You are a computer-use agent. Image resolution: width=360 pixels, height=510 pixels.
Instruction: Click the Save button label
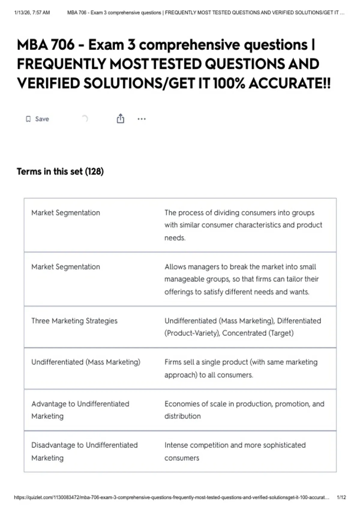click(42, 119)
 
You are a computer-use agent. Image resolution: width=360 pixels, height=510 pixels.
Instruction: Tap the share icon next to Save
click(120, 119)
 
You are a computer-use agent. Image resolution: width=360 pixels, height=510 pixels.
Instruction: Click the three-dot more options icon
click(142, 119)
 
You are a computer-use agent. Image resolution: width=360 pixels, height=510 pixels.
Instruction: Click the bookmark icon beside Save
click(28, 119)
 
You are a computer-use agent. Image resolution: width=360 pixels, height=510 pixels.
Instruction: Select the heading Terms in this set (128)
click(60, 172)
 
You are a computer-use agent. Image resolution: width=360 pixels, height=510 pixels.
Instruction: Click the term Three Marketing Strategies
click(74, 321)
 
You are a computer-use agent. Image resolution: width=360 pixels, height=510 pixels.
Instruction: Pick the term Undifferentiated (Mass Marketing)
click(86, 362)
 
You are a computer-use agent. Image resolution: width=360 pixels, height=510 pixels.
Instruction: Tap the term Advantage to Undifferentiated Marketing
click(80, 410)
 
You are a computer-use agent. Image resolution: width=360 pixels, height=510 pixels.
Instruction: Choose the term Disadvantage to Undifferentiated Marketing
click(84, 451)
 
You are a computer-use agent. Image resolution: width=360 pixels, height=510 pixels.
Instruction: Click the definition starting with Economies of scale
click(244, 410)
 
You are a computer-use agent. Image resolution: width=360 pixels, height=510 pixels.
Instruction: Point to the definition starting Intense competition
click(235, 451)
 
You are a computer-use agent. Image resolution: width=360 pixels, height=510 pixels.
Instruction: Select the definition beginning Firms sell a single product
click(241, 368)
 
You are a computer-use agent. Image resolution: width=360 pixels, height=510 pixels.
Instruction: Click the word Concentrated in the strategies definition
click(244, 333)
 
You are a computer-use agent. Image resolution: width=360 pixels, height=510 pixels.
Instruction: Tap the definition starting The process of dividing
click(243, 225)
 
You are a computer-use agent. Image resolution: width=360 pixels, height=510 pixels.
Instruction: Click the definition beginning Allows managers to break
click(241, 279)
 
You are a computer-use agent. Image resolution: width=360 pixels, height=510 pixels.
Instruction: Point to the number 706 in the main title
click(63, 45)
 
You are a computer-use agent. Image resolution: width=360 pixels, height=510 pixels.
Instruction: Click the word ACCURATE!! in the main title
click(289, 83)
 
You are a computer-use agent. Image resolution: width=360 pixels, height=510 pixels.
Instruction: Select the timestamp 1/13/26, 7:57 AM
click(32, 13)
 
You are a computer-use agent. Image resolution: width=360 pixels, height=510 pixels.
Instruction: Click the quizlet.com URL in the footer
click(171, 497)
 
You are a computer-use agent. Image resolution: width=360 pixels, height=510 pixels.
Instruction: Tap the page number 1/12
click(341, 497)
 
